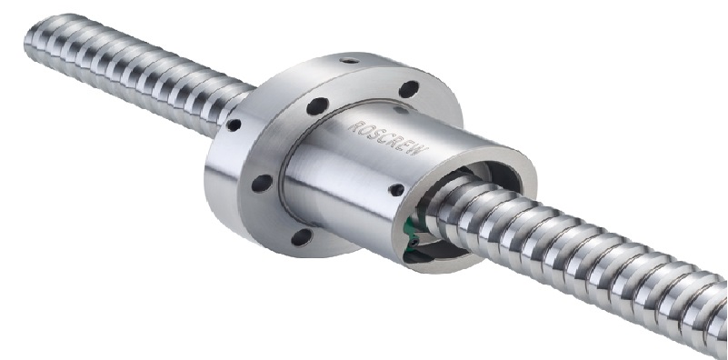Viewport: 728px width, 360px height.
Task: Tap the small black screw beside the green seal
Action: click(x=412, y=242)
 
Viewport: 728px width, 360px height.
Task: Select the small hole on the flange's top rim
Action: click(x=349, y=60)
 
